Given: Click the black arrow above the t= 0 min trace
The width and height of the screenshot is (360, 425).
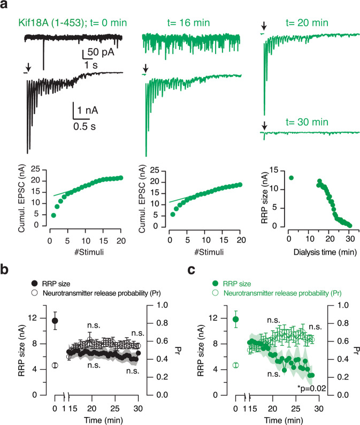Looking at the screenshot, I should click(29, 67).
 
